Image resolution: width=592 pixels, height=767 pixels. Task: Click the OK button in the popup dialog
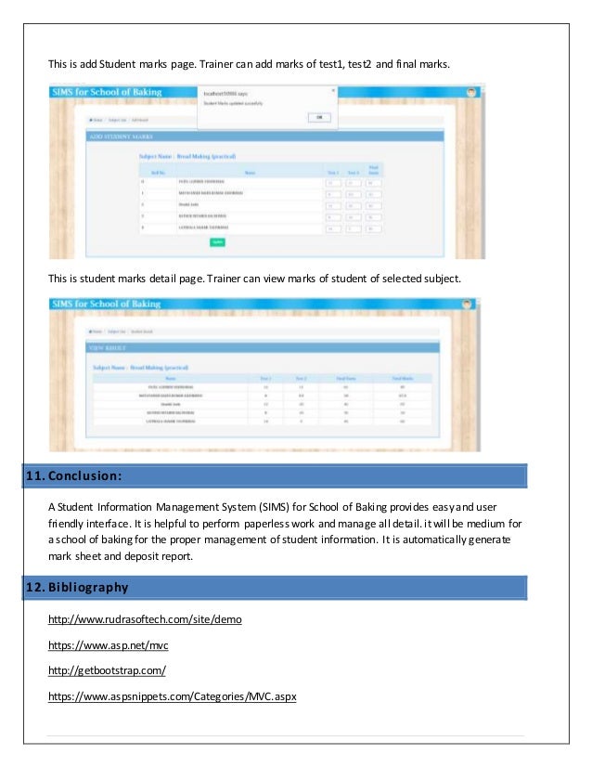coord(317,118)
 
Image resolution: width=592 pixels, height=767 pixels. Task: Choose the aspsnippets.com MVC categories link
coord(172,696)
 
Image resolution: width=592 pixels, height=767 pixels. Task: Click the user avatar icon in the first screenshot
coord(472,93)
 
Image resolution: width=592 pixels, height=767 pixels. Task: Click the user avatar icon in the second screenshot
coord(468,304)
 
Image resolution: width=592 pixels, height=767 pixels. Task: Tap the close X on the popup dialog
coord(333,90)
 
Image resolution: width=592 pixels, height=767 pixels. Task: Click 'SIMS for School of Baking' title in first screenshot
coord(107,93)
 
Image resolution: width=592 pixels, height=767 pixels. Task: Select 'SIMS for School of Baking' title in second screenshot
coord(107,304)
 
